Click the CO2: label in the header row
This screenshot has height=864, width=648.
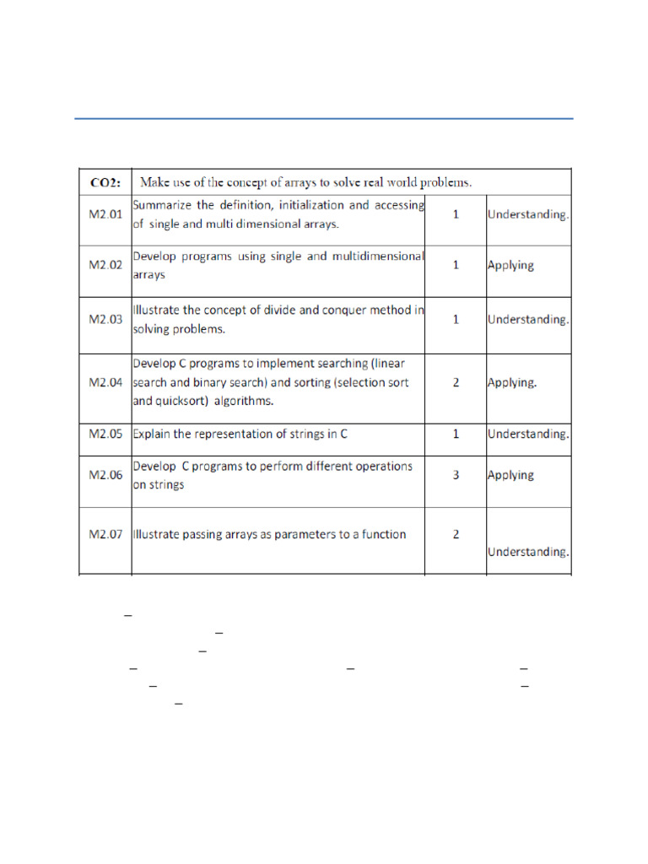tap(105, 182)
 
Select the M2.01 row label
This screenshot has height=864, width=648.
tap(105, 214)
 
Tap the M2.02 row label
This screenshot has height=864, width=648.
tap(105, 265)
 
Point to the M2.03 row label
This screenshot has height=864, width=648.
tap(105, 320)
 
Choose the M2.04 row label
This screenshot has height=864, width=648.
tap(105, 382)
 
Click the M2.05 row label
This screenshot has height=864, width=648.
tap(105, 434)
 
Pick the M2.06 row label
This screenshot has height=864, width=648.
tap(105, 475)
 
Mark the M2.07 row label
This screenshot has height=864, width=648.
tap(105, 534)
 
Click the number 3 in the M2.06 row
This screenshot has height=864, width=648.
tap(456, 475)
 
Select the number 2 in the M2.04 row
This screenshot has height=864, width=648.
tap(456, 382)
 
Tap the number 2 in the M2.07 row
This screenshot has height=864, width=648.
tap(456, 534)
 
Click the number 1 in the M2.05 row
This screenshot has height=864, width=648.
tap(456, 434)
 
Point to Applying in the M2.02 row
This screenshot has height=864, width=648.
tap(510, 265)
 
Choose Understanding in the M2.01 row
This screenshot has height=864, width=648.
tap(528, 214)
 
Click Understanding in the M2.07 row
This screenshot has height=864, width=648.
tap(528, 552)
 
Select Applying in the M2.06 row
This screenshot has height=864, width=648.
tap(510, 475)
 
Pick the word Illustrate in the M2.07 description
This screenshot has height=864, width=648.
tap(159, 534)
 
